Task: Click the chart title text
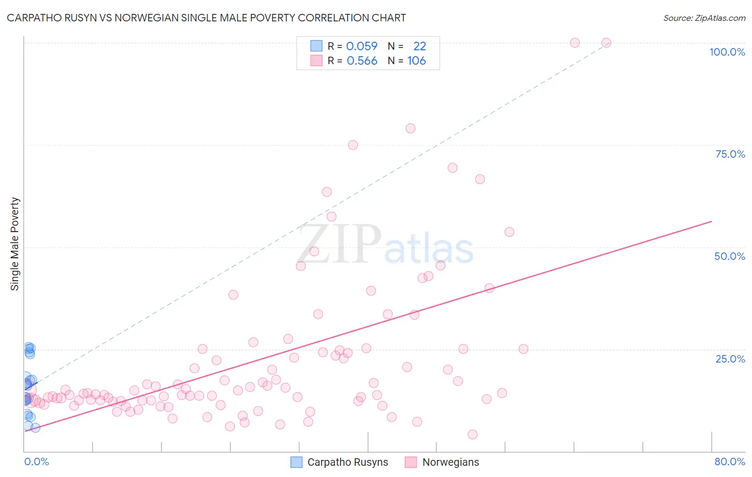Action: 206,18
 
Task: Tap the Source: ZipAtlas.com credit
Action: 704,18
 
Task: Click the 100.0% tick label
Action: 727,52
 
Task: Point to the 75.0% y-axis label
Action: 730,154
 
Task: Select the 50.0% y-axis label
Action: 730,256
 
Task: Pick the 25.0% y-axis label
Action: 730,358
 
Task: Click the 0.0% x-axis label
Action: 36,461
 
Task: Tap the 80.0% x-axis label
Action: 730,461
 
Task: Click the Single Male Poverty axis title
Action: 15,244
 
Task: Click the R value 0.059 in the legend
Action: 362,47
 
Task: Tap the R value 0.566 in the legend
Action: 362,61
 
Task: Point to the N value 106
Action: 417,61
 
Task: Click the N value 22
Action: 419,47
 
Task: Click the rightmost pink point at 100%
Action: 606,43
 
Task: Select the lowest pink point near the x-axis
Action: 472,434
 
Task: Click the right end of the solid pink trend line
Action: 711,221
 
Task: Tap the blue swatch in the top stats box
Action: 317,46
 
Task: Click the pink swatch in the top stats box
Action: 317,60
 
